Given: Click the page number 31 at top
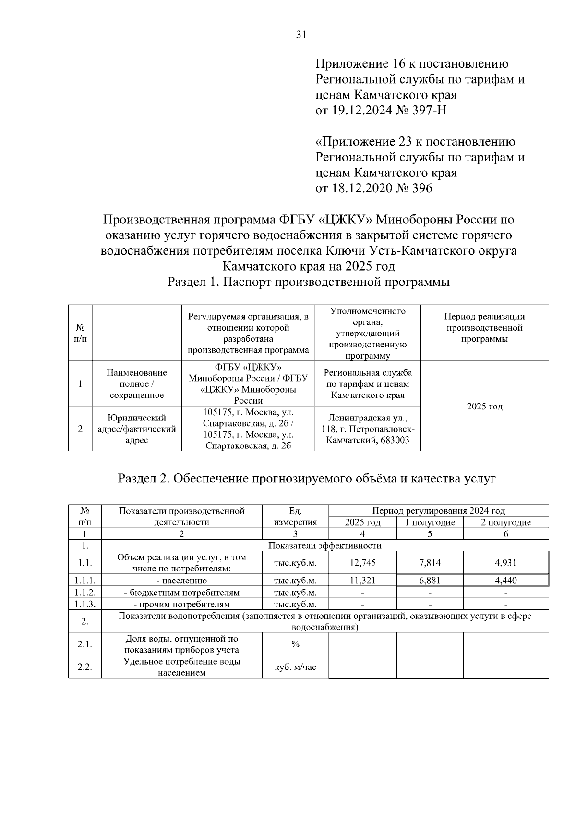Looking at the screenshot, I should tap(301, 35).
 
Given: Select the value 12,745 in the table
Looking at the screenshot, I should tap(362, 563).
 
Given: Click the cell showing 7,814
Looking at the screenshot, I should tap(430, 563).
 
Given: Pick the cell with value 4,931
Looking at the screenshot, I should tap(505, 563).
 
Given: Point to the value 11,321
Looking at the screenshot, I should tap(362, 581).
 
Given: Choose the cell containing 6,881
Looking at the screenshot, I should tap(430, 581).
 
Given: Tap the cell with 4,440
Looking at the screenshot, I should tap(505, 581).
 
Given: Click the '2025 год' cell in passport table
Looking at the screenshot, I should tap(484, 407).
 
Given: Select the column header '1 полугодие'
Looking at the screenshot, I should tap(430, 522).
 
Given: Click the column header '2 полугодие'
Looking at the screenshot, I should tap(505, 522).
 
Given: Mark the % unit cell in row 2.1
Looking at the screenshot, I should tap(295, 644).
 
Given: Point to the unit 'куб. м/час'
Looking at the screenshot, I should tap(295, 667).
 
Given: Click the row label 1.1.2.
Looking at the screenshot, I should tap(85, 593).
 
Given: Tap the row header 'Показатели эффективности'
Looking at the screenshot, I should tap(324, 545).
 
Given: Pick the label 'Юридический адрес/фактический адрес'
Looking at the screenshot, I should tap(137, 429).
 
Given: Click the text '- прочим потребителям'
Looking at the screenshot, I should tap(181, 604).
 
